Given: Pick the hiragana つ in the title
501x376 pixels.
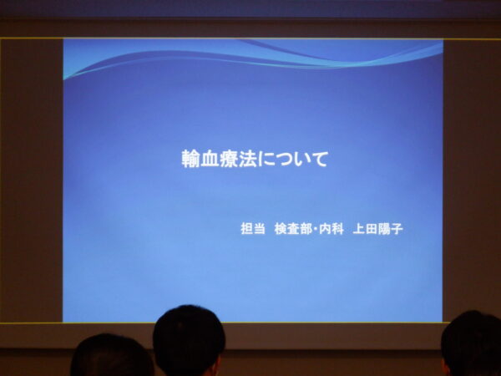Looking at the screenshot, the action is click(283, 160).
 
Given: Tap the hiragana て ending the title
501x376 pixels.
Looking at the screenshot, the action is click(319, 160).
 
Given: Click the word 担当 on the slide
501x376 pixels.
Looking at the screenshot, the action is click(253, 229).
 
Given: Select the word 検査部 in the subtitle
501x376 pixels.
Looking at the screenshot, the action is click(293, 229).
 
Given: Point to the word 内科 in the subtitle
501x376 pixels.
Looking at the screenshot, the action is click(331, 229).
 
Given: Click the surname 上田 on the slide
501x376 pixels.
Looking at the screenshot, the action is click(365, 229).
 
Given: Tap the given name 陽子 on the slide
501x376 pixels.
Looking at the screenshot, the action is click(390, 229).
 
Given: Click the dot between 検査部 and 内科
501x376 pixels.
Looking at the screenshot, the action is click(315, 229).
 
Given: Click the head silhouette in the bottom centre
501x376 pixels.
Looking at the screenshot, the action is click(189, 342).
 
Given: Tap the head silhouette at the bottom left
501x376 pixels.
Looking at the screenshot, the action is click(112, 355).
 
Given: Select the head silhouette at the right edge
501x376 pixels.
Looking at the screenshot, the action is click(471, 343).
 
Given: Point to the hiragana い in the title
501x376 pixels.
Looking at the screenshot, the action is click(301, 160).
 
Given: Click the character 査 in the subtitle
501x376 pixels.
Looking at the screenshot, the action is click(293, 229).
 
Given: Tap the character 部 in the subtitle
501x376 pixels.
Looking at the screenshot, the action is click(306, 229).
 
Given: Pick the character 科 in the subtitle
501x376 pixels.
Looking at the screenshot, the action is click(337, 229).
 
